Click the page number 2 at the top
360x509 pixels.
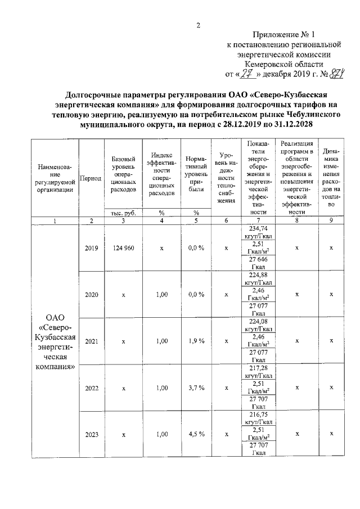point(198,25)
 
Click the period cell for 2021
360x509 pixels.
point(91,341)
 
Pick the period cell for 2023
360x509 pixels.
point(91,434)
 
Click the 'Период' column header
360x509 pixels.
point(91,178)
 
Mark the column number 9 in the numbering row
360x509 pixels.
point(331,221)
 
